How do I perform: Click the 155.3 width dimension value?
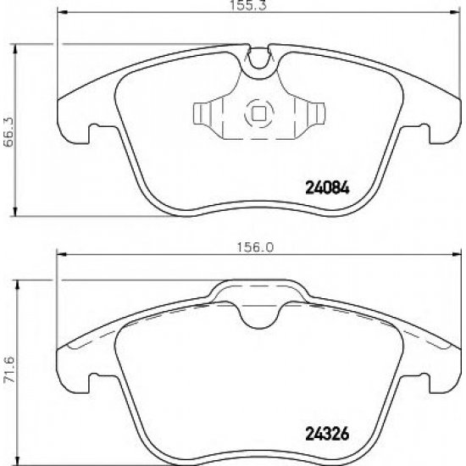[x=248, y=5]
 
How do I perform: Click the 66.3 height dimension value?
[x=9, y=131]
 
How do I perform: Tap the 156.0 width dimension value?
[x=255, y=247]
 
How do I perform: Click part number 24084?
[x=328, y=188]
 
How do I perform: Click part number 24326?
[x=327, y=435]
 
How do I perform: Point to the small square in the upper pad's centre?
[x=259, y=114]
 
